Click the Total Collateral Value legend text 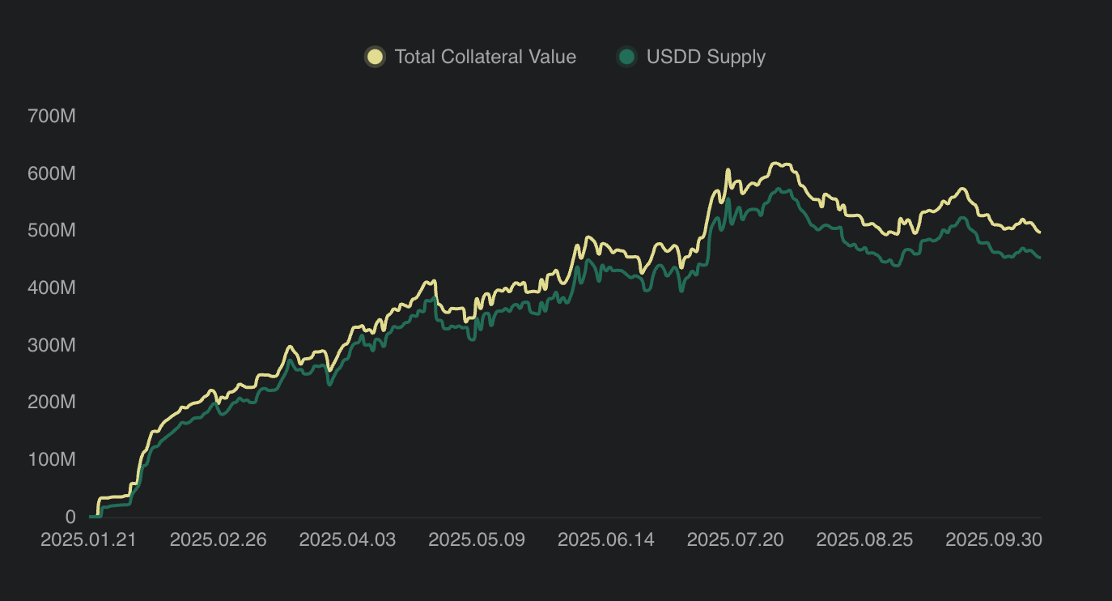click(x=485, y=57)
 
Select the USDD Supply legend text click(x=706, y=57)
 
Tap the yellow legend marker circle click(x=375, y=57)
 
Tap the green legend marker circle click(x=626, y=57)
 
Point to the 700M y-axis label click(x=51, y=117)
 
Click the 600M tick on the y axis click(x=51, y=174)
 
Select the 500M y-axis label click(x=51, y=231)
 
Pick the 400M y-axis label click(x=51, y=288)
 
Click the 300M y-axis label click(x=51, y=346)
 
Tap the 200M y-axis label click(x=51, y=403)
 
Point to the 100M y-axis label click(x=51, y=460)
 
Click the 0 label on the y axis click(x=70, y=517)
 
